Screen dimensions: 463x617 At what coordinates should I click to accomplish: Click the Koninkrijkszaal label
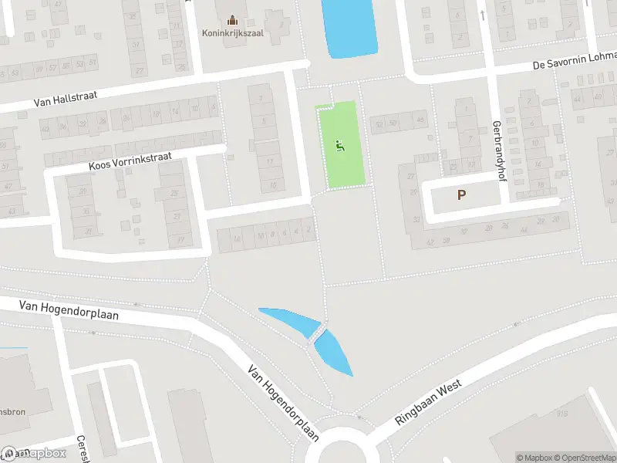pyautogui.click(x=234, y=33)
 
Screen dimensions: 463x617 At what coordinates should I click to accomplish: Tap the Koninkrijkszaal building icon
pyautogui.click(x=234, y=19)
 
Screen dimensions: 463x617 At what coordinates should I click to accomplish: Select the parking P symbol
pyautogui.click(x=461, y=195)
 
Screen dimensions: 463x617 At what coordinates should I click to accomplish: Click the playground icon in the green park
pyautogui.click(x=339, y=144)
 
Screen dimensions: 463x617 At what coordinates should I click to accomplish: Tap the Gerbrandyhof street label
pyautogui.click(x=497, y=150)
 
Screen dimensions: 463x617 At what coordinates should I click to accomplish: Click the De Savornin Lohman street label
pyautogui.click(x=575, y=63)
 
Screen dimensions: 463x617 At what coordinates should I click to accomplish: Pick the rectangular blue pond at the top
pyautogui.click(x=349, y=27)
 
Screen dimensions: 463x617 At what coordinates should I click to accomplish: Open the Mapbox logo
pyautogui.click(x=35, y=453)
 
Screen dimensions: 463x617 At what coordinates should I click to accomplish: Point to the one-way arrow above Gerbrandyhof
pyautogui.click(x=481, y=14)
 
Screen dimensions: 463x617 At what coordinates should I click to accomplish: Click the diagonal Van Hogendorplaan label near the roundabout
pyautogui.click(x=283, y=404)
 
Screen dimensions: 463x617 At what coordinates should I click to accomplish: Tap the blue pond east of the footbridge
pyautogui.click(x=335, y=351)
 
